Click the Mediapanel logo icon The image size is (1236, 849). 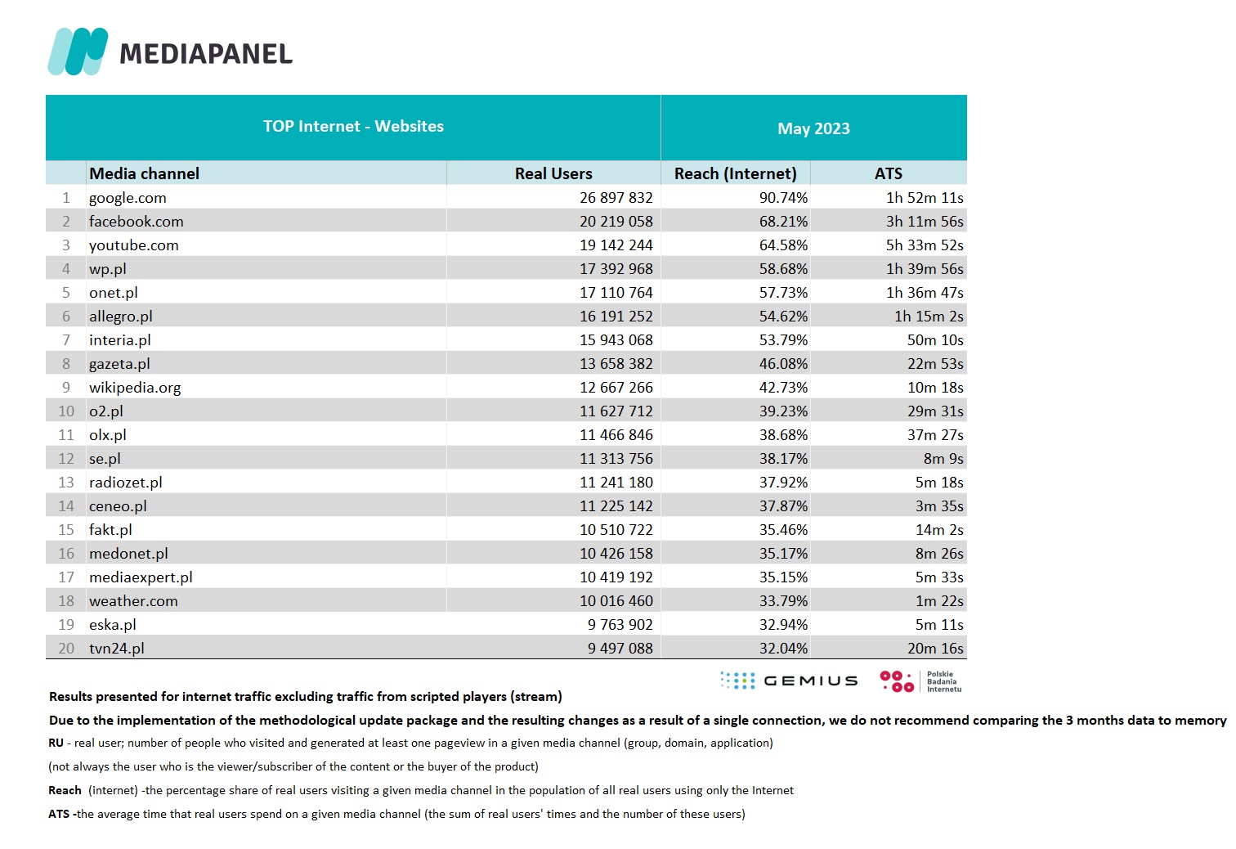click(x=78, y=52)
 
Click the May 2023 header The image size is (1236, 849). click(x=813, y=128)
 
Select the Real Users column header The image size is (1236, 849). click(x=553, y=173)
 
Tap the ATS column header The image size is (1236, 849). click(x=889, y=173)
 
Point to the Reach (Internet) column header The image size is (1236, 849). click(x=735, y=173)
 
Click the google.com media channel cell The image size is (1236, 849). click(x=128, y=198)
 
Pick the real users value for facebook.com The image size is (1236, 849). click(x=616, y=222)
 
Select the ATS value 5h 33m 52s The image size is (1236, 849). click(x=925, y=245)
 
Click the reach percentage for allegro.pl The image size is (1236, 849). click(x=783, y=317)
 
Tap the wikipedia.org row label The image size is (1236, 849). click(x=135, y=388)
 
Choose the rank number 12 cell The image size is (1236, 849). click(x=66, y=459)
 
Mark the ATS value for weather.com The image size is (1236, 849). click(x=939, y=601)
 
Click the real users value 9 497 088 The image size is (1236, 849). click(x=620, y=649)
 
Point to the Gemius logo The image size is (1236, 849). click(x=790, y=681)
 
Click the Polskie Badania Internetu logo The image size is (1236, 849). click(x=921, y=681)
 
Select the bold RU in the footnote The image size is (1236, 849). click(x=56, y=743)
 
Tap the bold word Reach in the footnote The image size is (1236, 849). click(x=65, y=790)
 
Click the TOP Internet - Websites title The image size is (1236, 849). click(x=353, y=127)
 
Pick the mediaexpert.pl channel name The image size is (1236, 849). click(x=141, y=577)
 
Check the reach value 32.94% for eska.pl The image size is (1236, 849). click(x=783, y=625)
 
